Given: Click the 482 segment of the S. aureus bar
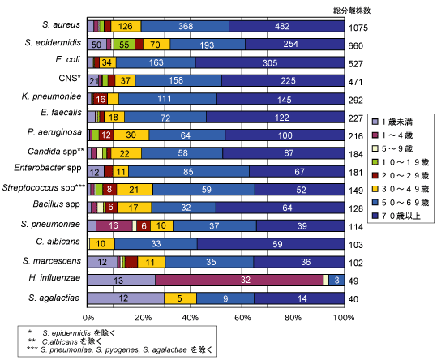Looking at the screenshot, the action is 286,26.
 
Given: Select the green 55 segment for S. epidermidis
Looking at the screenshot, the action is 124,45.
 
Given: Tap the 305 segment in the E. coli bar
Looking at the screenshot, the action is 270,62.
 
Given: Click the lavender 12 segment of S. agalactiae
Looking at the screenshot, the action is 126,298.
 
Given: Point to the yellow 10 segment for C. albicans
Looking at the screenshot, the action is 102,244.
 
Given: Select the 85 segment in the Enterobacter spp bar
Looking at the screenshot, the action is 189,171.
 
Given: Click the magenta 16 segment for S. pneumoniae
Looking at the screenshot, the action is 114,225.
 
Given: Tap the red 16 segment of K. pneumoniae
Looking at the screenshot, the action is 100,99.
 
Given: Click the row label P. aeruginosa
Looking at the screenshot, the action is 54,132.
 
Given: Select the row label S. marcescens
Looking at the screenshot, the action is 52,261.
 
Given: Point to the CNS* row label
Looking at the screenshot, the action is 70,78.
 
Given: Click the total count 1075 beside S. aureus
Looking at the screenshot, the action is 358,28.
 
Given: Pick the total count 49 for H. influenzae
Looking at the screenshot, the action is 353,281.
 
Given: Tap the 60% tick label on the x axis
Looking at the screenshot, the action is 242,318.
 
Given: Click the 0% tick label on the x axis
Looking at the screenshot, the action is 88,318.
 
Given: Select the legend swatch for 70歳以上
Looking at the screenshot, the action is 375,216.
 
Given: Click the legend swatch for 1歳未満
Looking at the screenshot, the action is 375,122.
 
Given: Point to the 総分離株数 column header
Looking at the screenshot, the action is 352,11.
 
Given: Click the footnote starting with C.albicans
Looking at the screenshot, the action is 72,341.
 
